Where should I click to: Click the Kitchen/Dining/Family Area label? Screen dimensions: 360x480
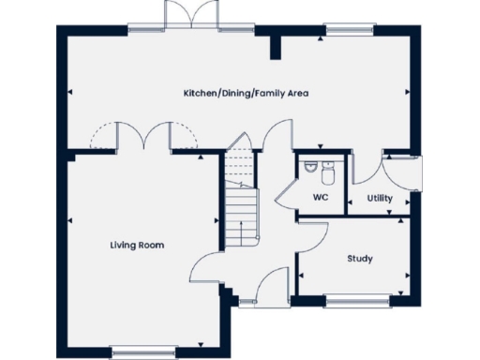coord(246,94)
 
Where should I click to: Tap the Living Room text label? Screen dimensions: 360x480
coord(137,246)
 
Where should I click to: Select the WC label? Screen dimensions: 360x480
coord(320,198)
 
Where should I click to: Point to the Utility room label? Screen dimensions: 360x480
coord(380,199)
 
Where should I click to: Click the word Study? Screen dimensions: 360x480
coord(357,258)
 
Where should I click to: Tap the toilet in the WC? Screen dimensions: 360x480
coord(327,174)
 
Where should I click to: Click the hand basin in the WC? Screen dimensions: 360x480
coord(309,168)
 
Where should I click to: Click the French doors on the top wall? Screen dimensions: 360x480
coord(183,17)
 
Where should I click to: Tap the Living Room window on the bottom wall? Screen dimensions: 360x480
coord(137,352)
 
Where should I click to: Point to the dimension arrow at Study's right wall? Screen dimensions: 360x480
coord(407,274)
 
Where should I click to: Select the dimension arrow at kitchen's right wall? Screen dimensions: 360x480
coord(407,92)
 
